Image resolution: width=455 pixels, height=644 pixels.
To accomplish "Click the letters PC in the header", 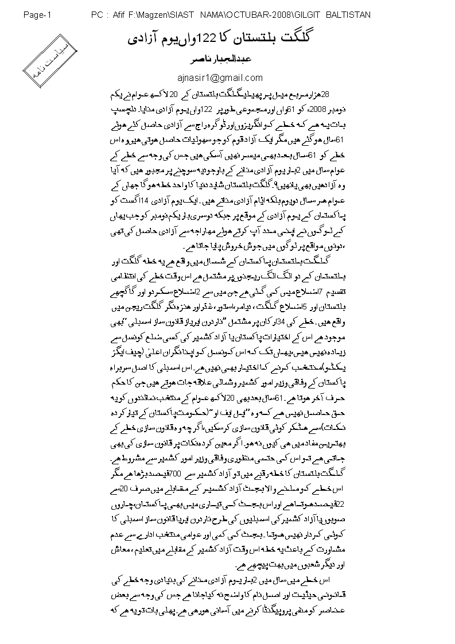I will click(96, 14).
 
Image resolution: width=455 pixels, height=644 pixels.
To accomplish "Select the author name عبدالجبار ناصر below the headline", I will click(228, 60).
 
